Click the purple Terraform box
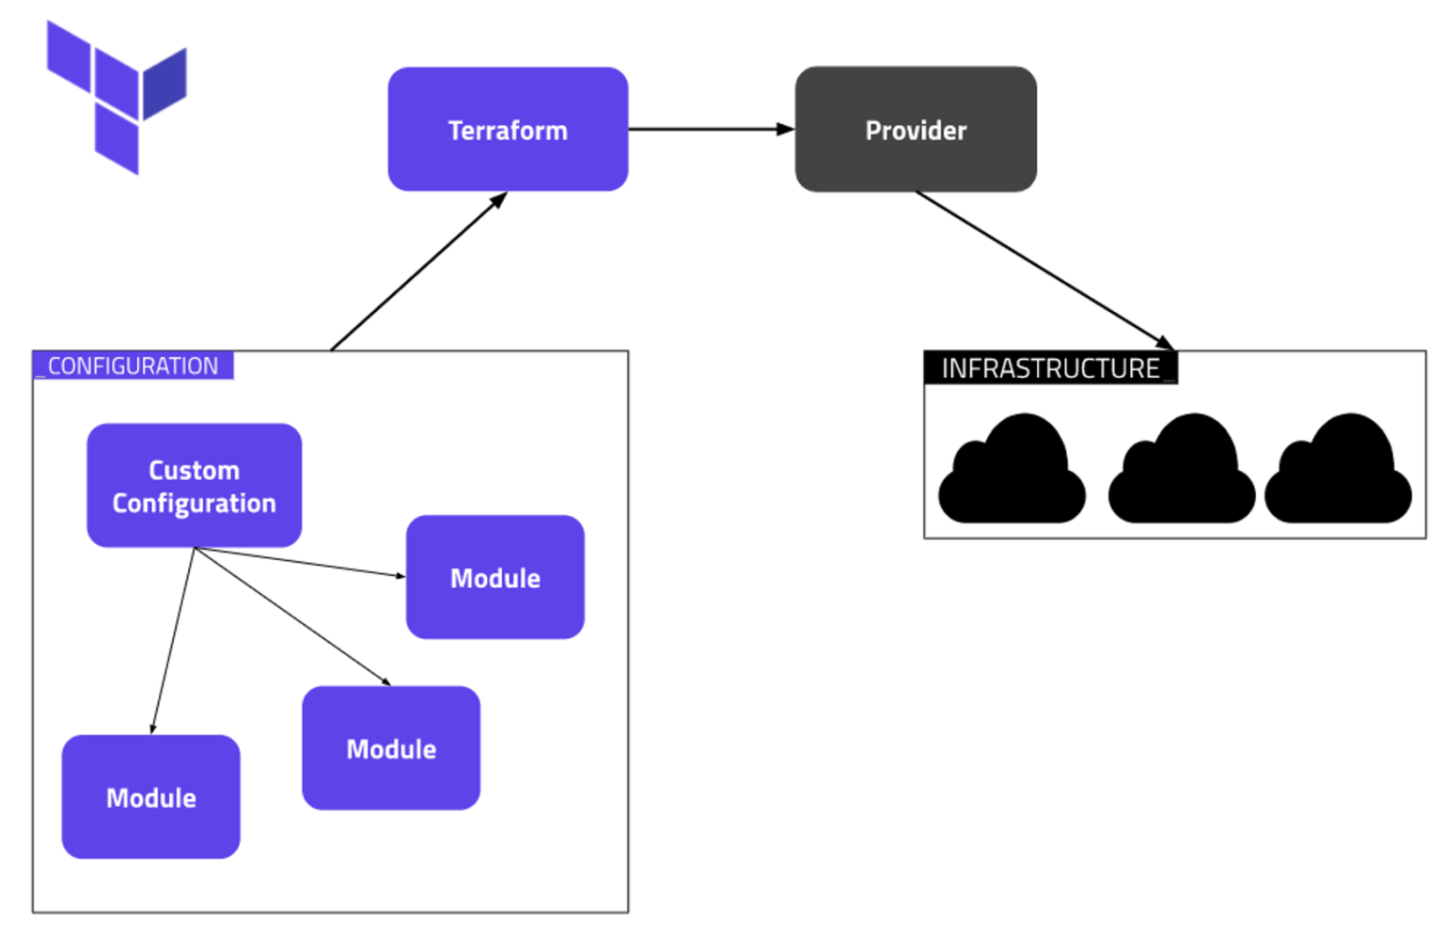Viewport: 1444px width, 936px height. pos(508,129)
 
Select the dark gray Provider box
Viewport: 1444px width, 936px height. pos(916,129)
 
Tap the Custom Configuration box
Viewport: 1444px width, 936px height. pos(194,485)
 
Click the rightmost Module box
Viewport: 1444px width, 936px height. pos(494,577)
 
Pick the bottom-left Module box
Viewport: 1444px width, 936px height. pos(150,797)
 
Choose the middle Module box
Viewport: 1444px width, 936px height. pos(391,748)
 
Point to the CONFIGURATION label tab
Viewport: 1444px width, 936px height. pos(133,366)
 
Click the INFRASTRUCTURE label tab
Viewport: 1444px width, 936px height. pos(1050,368)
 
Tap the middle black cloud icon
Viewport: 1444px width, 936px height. pos(1182,470)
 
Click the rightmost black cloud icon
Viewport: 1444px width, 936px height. pos(1338,470)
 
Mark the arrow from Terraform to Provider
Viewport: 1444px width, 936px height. pos(711,129)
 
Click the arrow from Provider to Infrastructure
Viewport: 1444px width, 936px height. pos(1044,270)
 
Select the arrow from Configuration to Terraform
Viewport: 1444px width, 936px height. pos(418,272)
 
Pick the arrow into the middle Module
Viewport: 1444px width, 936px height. pos(291,616)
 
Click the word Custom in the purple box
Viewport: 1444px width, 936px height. pos(194,470)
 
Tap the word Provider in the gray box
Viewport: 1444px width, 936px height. pos(916,131)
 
